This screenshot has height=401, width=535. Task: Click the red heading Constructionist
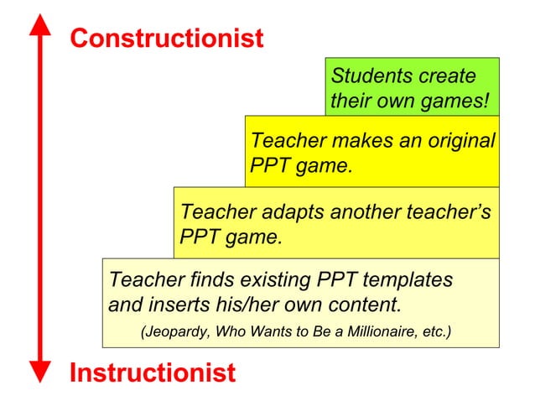[x=166, y=39]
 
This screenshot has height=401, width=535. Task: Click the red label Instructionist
[x=152, y=372]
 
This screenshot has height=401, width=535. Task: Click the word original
[x=460, y=140]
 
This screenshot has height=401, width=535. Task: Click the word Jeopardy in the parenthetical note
[x=175, y=332]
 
